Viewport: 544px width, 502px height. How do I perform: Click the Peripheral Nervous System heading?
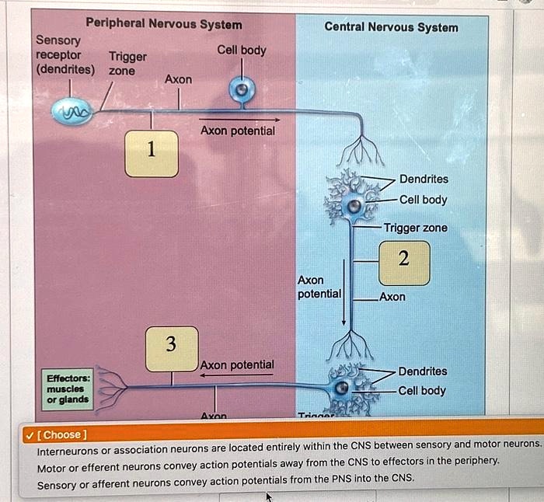click(164, 25)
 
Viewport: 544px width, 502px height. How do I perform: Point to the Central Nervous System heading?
click(391, 27)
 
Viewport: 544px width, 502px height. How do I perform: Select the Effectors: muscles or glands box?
click(68, 389)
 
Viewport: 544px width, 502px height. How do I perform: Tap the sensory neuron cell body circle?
click(241, 90)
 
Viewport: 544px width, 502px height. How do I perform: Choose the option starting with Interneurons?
click(288, 444)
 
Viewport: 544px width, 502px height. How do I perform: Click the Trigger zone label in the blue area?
click(415, 228)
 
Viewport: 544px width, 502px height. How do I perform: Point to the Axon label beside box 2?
click(392, 297)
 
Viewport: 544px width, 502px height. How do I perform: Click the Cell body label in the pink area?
click(242, 51)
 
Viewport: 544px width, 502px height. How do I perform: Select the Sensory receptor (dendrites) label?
click(65, 55)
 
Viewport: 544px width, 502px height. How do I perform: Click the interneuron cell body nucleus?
click(354, 206)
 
